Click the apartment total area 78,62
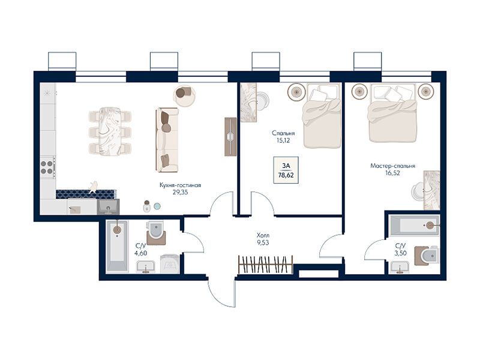286,175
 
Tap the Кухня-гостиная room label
181,185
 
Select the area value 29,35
181,192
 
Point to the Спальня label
283,133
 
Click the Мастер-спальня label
393,166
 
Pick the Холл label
263,236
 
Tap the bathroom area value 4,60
140,253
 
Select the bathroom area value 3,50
400,253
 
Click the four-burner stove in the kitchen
48,167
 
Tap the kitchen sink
108,206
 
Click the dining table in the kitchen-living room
110,131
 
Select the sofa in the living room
167,140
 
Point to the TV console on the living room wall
230,137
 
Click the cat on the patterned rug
93,187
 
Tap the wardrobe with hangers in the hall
265,265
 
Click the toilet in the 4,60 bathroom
156,233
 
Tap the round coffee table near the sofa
184,95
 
